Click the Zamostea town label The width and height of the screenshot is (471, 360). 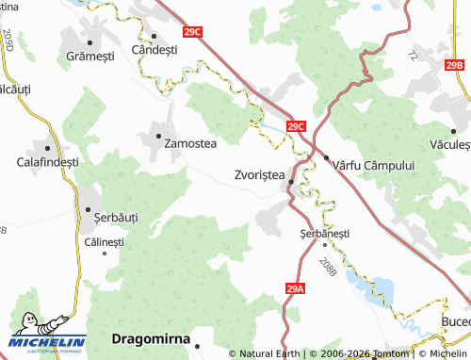click(x=190, y=144)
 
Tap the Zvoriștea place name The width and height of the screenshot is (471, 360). click(x=258, y=175)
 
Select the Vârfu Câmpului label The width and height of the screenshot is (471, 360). click(x=374, y=164)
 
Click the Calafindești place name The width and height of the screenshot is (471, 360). click(x=47, y=162)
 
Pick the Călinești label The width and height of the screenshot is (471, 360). click(x=105, y=242)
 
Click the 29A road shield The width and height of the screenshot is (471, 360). click(x=295, y=288)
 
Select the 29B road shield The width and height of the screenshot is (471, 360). click(x=455, y=65)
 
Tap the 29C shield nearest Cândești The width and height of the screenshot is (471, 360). click(x=192, y=32)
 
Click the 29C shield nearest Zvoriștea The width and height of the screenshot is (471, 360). click(x=296, y=125)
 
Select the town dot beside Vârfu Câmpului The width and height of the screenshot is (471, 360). click(x=325, y=156)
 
